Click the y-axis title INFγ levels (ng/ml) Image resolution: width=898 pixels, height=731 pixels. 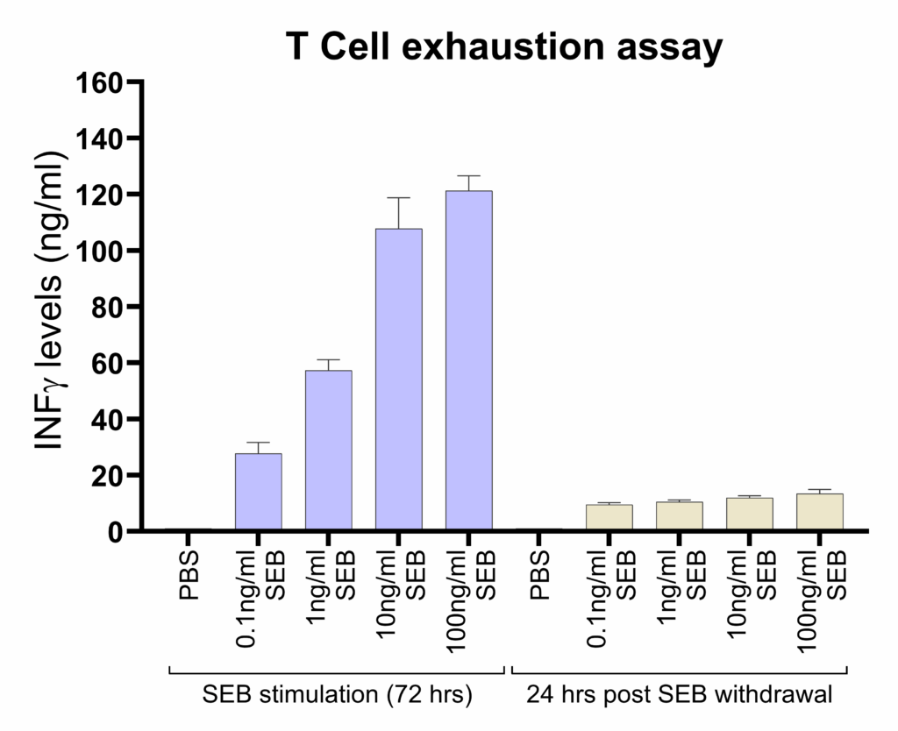(x=51, y=302)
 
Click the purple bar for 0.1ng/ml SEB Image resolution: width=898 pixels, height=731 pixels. (x=259, y=492)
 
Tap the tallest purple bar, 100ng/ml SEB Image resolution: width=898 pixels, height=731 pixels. (x=469, y=360)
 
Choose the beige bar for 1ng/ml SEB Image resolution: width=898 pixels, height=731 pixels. (x=680, y=516)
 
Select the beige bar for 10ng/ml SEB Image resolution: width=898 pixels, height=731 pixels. (x=750, y=515)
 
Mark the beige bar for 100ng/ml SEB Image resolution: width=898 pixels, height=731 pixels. (x=820, y=513)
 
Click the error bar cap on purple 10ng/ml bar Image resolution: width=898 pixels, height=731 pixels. (x=399, y=198)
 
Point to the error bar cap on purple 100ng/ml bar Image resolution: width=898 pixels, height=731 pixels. (x=469, y=176)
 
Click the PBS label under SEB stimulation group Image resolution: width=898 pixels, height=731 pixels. (x=189, y=574)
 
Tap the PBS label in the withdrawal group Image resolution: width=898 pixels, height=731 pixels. (x=539, y=574)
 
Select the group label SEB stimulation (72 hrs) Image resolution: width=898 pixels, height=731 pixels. (x=338, y=696)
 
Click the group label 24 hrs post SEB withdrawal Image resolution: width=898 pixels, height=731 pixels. (x=679, y=696)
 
